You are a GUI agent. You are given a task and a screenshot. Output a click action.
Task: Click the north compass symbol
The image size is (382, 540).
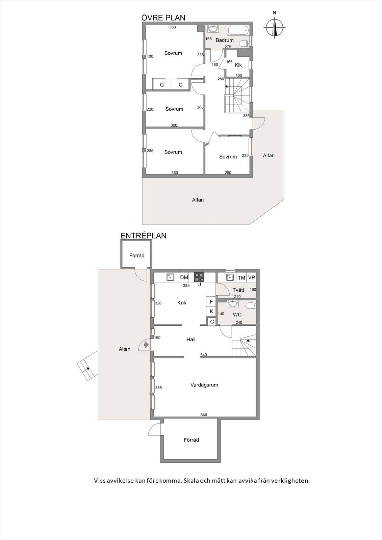(274, 27)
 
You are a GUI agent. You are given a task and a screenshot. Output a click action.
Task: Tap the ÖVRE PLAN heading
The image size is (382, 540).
(163, 18)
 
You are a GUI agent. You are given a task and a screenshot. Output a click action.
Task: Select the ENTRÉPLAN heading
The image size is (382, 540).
(143, 236)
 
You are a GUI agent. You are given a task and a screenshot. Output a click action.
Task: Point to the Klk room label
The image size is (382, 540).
(238, 65)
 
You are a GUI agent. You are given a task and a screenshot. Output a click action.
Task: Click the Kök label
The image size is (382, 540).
(182, 302)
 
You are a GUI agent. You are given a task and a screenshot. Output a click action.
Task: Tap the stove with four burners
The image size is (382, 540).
(199, 277)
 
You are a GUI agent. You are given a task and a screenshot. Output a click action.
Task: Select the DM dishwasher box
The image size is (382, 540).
(184, 277)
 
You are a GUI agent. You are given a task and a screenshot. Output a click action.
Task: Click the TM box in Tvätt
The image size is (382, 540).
(241, 278)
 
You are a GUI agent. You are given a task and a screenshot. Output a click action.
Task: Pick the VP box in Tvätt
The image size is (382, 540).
(251, 277)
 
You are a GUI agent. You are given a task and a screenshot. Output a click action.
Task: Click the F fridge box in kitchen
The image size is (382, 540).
(211, 302)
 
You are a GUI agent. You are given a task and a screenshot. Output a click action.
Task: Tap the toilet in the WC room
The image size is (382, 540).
(251, 306)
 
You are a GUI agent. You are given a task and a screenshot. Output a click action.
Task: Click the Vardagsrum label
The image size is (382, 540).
(204, 385)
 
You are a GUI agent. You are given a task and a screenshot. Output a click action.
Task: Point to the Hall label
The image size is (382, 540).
(191, 340)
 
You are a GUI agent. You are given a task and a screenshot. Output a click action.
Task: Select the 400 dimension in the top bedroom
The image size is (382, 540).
(150, 56)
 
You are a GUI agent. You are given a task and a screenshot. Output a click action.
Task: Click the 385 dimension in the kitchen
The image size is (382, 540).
(186, 286)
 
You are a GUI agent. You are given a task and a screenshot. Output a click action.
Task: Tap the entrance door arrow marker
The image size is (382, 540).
(146, 345)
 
